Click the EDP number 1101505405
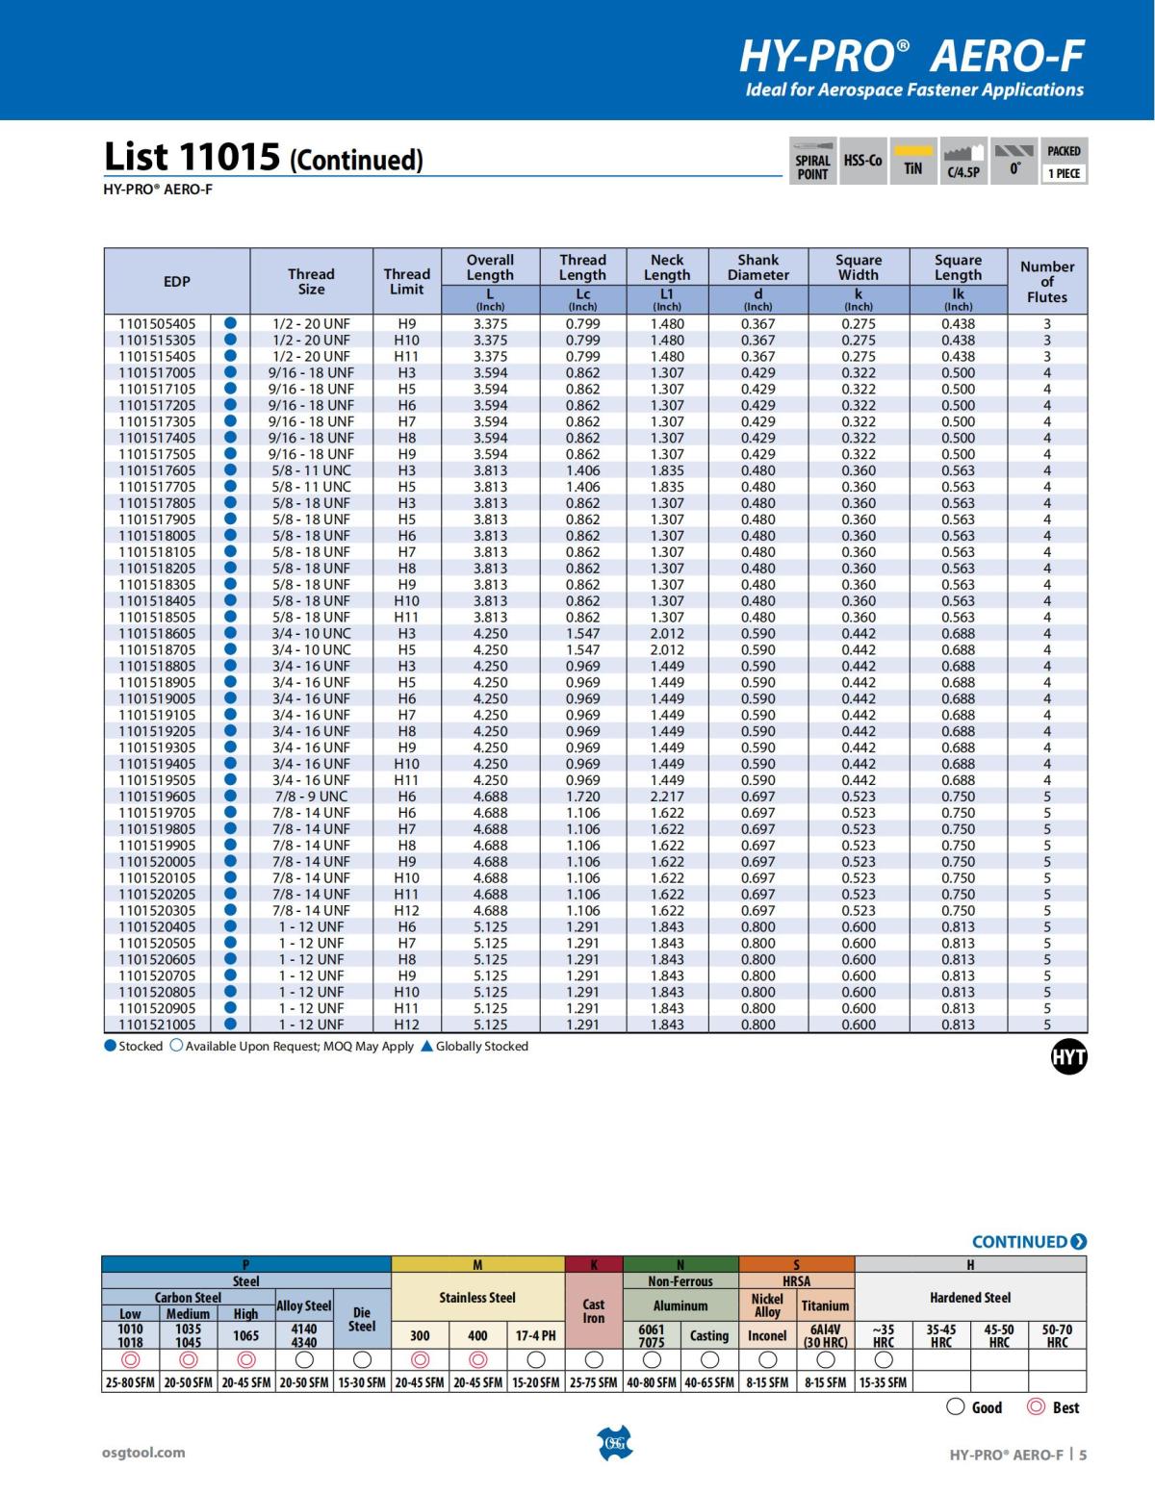coord(157,324)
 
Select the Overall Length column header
coord(490,267)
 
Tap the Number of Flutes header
coord(1046,282)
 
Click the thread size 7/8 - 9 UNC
coord(311,797)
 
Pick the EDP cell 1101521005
coord(157,1025)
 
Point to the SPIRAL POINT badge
coord(812,161)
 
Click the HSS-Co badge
coord(862,161)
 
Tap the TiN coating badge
coord(912,161)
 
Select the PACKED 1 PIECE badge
coord(1064,161)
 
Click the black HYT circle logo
coord(1068,1057)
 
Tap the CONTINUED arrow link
coord(1029,1242)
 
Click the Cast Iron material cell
coord(594,1311)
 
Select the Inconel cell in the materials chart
coord(767,1335)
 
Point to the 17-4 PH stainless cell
coord(535,1335)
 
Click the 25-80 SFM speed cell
coord(131,1382)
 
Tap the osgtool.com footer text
coord(143,1453)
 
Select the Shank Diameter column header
coord(757,267)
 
